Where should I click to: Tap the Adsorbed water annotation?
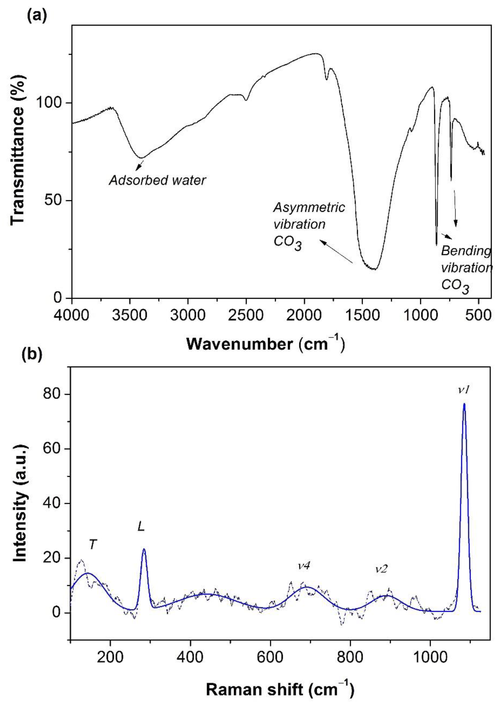(157, 180)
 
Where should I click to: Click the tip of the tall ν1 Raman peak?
(464, 404)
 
